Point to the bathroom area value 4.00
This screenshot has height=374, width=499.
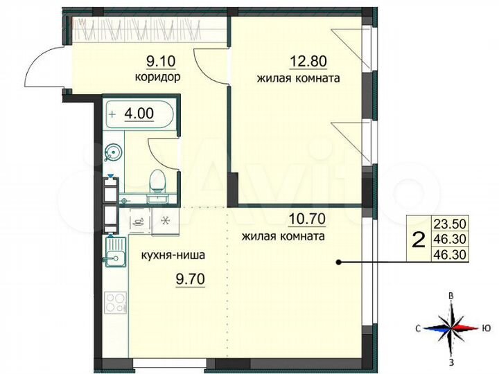coord(139,111)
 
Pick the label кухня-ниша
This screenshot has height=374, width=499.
coord(173,254)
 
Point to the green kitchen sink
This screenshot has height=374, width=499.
coord(114,250)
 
